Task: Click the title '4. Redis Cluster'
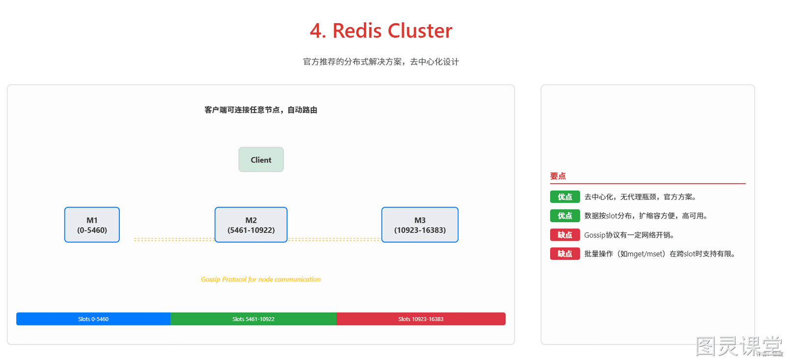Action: (381, 30)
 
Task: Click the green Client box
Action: (261, 160)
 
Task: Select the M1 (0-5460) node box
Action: (92, 225)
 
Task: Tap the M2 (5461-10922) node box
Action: (251, 225)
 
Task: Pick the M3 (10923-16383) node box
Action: (420, 225)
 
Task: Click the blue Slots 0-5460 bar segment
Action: (93, 319)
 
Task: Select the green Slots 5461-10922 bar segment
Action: (253, 319)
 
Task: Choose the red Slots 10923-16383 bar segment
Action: (421, 319)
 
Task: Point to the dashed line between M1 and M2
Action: (174, 240)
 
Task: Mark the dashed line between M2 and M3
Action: (334, 240)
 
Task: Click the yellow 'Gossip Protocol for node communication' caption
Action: (261, 279)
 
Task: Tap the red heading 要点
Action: (558, 176)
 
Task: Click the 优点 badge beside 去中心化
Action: (565, 197)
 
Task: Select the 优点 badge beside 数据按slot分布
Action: (565, 216)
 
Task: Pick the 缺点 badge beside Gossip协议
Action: (565, 235)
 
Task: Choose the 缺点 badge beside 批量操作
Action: (565, 254)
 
